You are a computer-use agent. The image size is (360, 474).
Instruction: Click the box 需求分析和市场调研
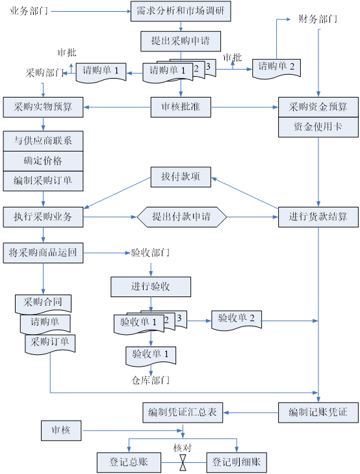(181, 11)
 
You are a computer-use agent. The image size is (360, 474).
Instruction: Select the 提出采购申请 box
(181, 41)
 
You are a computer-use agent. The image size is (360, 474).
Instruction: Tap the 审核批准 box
(181, 107)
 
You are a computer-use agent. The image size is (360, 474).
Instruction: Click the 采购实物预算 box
(43, 107)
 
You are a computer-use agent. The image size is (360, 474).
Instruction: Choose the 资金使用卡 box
(318, 127)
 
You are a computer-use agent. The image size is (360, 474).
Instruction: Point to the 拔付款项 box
(181, 177)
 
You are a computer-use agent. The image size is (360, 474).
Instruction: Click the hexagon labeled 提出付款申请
(181, 217)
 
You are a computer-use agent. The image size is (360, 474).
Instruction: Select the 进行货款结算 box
(318, 217)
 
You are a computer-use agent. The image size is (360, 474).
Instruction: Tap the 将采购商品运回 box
(43, 253)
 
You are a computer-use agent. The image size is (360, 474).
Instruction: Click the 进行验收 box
(151, 287)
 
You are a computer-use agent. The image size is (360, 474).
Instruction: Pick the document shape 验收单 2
(236, 320)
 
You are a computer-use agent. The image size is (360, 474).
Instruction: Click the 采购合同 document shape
(43, 304)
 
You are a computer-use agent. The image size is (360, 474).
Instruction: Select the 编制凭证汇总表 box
(183, 412)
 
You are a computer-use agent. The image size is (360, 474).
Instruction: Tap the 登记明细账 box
(237, 462)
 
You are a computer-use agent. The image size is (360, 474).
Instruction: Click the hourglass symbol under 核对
(183, 462)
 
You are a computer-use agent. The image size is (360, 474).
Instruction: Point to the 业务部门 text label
(29, 11)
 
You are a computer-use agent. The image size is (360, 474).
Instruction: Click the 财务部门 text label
(318, 20)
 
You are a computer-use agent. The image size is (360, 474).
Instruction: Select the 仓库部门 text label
(151, 380)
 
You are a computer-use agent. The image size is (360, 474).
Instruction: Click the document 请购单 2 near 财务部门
(276, 69)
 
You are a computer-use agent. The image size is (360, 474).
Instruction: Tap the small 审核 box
(61, 430)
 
